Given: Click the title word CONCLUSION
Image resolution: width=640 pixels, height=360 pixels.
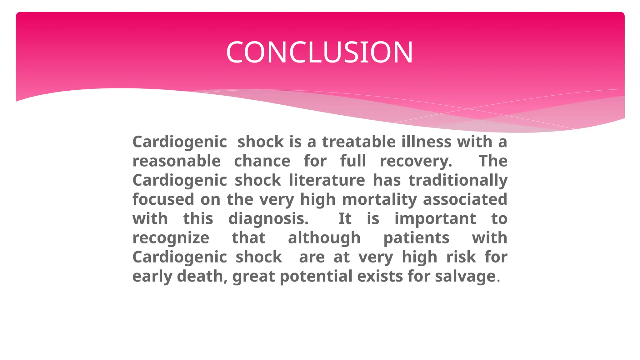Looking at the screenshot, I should coord(319,52).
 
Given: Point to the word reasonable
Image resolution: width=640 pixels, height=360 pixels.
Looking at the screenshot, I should coord(177,161).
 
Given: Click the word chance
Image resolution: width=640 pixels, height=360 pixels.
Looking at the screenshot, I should coord(262,161).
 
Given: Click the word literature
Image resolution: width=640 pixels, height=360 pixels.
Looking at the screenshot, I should coord(327,180).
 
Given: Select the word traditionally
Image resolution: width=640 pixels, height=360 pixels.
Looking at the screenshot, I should coord(458,181).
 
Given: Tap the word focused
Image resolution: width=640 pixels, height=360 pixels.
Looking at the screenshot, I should coord(163,199).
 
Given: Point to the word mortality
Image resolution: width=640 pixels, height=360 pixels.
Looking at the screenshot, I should coord(379,200).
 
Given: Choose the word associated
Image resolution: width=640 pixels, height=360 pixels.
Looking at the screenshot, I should coord(465,199).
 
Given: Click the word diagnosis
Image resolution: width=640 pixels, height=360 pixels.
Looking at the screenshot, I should coord(268,219).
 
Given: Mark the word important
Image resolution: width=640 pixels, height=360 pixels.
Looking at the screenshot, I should coord(435,219).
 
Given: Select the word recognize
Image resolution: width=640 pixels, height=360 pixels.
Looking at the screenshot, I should coord(171,238).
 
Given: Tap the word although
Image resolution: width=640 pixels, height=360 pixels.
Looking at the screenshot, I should coord(324,238).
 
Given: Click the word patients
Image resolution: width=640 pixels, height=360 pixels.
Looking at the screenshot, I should coord(416,238).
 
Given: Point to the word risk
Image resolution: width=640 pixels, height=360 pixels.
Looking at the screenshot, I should coord(461,257).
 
